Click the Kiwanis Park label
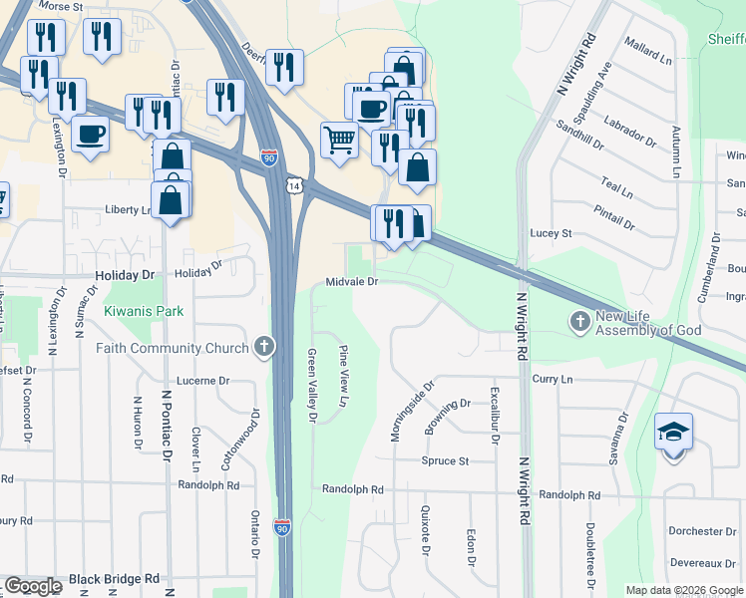pos(144,311)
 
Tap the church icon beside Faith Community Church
pos(263,347)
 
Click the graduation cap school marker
pos(673,433)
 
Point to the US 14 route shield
pos(292,186)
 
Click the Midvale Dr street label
pos(352,282)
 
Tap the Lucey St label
pos(551,233)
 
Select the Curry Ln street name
pos(553,379)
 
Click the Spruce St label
pos(445,461)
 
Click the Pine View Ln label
pos(343,377)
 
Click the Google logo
pos(33,586)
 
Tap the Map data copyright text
pos(684,590)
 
